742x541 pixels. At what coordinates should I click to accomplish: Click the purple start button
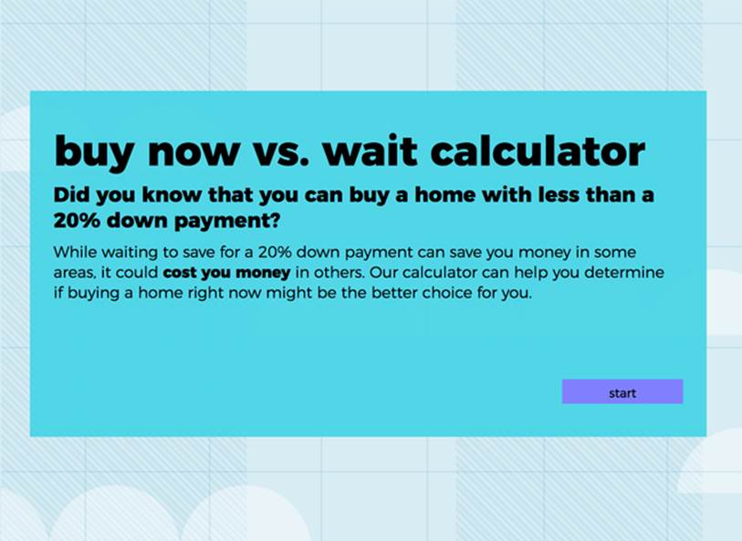pos(622,391)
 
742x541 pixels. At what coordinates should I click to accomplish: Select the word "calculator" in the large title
pos(538,151)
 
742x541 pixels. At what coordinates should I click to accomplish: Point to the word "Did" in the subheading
pos(71,195)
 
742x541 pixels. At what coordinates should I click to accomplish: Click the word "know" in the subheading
pos(171,195)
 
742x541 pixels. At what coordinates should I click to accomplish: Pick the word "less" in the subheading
pos(559,195)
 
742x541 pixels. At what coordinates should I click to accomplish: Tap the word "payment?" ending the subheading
pos(226,222)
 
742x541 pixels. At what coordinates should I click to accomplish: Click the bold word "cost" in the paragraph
pos(180,273)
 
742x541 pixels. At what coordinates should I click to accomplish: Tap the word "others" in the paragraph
pos(340,273)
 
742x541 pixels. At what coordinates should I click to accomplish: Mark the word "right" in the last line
pos(201,294)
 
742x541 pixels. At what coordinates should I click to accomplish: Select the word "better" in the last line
pos(394,293)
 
